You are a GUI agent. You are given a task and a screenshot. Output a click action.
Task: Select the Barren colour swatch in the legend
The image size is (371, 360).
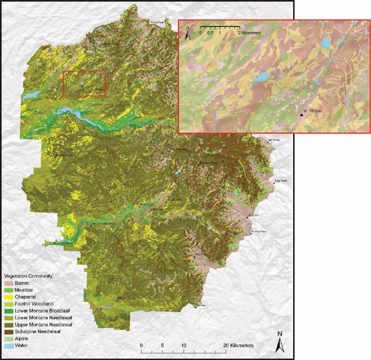[x=8, y=283]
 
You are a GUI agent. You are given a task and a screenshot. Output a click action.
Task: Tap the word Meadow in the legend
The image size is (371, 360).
[x=23, y=289]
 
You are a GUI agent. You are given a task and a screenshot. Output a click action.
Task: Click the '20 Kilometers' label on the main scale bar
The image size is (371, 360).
[x=238, y=345]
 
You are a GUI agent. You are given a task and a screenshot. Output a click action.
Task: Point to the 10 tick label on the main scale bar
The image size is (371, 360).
[x=183, y=345]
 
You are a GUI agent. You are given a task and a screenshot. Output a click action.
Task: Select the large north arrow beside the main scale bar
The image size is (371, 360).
[x=282, y=342]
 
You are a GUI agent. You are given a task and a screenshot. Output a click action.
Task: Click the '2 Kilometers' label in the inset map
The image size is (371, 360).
[x=249, y=32]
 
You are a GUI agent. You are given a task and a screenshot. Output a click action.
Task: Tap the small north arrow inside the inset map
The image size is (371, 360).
[x=189, y=30]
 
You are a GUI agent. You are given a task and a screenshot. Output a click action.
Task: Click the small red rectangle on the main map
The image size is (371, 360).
[x=84, y=83]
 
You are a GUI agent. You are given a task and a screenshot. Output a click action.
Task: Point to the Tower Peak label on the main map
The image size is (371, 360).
[x=157, y=22]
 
